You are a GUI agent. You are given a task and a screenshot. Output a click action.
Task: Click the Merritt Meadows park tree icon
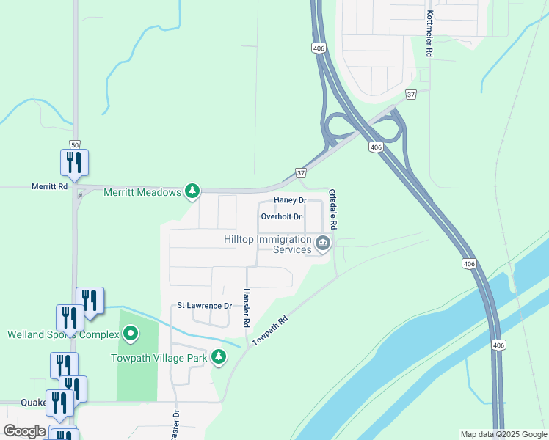192,191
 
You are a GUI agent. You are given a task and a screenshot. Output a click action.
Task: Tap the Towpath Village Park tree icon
218,357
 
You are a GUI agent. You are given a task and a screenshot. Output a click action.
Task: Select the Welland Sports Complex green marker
131,334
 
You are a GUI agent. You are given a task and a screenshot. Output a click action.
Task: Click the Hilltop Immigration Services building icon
322,243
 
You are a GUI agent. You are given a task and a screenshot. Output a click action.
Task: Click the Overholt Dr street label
281,217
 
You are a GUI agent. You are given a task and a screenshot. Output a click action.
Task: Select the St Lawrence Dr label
204,305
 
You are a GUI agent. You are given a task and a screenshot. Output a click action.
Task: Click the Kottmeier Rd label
428,34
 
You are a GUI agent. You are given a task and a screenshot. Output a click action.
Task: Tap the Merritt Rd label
49,187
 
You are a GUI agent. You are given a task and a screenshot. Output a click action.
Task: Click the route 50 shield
74,144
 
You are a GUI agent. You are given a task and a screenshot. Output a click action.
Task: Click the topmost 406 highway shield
318,48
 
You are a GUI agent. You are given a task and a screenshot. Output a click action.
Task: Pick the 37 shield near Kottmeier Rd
411,94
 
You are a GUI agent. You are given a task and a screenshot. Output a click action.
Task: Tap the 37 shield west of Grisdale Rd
301,172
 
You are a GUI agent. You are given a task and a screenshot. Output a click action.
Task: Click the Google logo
24,431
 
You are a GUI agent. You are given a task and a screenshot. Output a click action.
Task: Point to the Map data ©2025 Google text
503,434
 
